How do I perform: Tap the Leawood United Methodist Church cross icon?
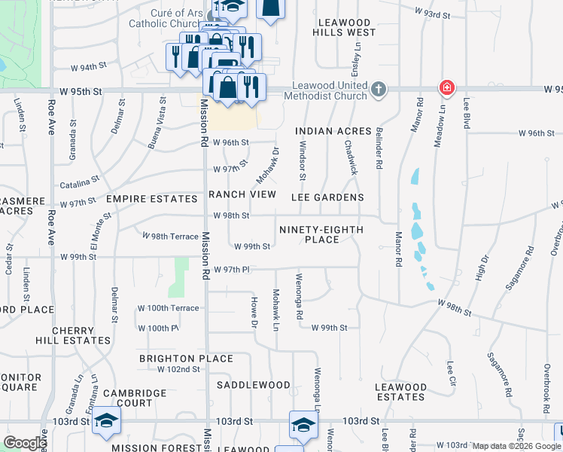pyautogui.click(x=378, y=90)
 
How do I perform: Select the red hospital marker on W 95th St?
pyautogui.click(x=447, y=88)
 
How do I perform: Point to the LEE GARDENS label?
pyautogui.click(x=327, y=197)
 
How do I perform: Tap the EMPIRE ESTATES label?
pyautogui.click(x=151, y=199)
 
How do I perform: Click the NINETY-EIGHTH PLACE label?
pyautogui.click(x=321, y=234)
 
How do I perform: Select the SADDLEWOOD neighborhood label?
pyautogui.click(x=254, y=385)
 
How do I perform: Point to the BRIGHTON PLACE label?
pyautogui.click(x=186, y=359)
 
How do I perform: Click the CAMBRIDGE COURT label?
pyautogui.click(x=135, y=398)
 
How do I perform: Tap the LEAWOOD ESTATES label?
pyautogui.click(x=400, y=392)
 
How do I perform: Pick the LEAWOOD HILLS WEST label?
pyautogui.click(x=346, y=28)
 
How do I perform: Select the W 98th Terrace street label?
pyautogui.click(x=170, y=235)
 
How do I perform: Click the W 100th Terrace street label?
pyautogui.click(x=168, y=308)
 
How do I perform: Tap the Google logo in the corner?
pyautogui.click(x=24, y=443)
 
